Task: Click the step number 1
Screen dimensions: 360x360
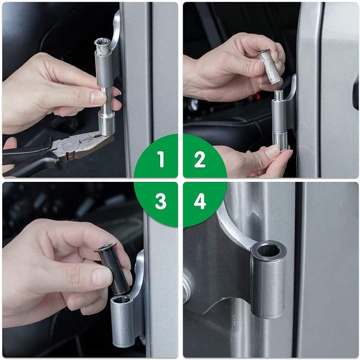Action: pyautogui.click(x=161, y=159)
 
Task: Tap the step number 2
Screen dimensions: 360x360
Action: pyautogui.click(x=200, y=159)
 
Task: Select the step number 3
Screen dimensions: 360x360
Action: pyautogui.click(x=161, y=201)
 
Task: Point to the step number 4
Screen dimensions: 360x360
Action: pyautogui.click(x=200, y=201)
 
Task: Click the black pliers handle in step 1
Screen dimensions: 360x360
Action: pyautogui.click(x=30, y=158)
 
